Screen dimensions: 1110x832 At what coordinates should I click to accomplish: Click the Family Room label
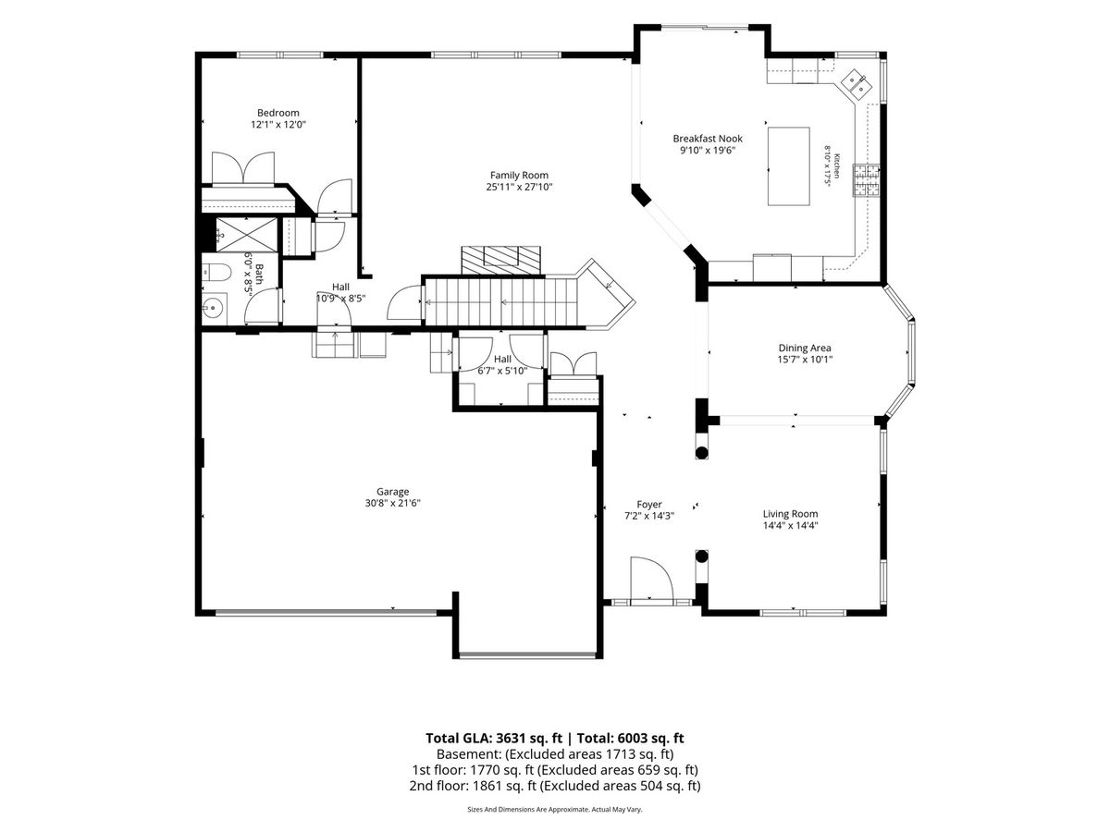519,176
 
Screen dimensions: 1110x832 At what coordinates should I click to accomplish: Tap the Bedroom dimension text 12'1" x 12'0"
278,124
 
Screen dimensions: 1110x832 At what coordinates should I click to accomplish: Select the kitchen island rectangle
788,166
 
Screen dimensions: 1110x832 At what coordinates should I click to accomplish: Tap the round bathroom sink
214,307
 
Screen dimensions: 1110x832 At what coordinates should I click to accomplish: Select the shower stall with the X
247,234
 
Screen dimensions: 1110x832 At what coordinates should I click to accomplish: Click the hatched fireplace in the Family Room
500,260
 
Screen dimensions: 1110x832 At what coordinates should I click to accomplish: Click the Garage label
392,491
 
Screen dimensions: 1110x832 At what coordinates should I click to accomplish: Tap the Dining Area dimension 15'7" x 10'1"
805,360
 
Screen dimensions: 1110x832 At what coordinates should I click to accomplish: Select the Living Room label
790,514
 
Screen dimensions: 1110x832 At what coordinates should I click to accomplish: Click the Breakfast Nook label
708,139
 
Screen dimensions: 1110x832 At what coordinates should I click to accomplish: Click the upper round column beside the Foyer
701,453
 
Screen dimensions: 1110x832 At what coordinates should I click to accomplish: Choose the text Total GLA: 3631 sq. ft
494,738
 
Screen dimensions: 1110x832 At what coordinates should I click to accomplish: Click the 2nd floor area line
555,786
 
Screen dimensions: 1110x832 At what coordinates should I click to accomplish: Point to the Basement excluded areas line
555,754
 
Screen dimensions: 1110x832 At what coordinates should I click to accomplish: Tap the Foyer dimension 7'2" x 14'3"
649,516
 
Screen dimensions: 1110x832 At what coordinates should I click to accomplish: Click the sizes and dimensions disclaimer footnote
555,809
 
